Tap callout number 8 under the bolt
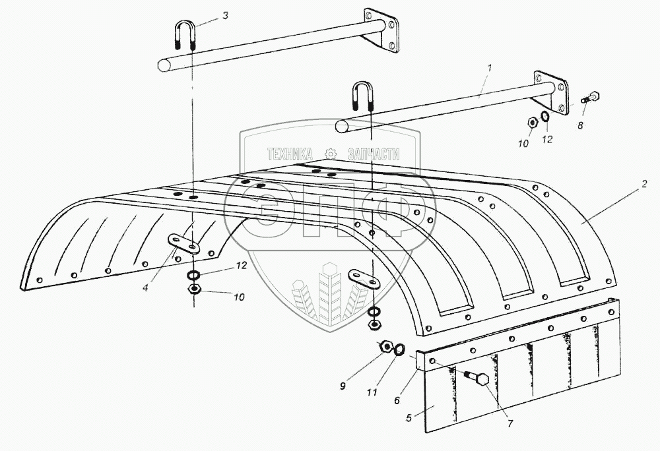pos(581,125)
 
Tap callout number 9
pos(343,387)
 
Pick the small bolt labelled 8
pos(589,98)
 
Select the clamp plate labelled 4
pos(183,243)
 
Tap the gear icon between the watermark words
pos(331,154)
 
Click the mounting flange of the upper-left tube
pos(381,30)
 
